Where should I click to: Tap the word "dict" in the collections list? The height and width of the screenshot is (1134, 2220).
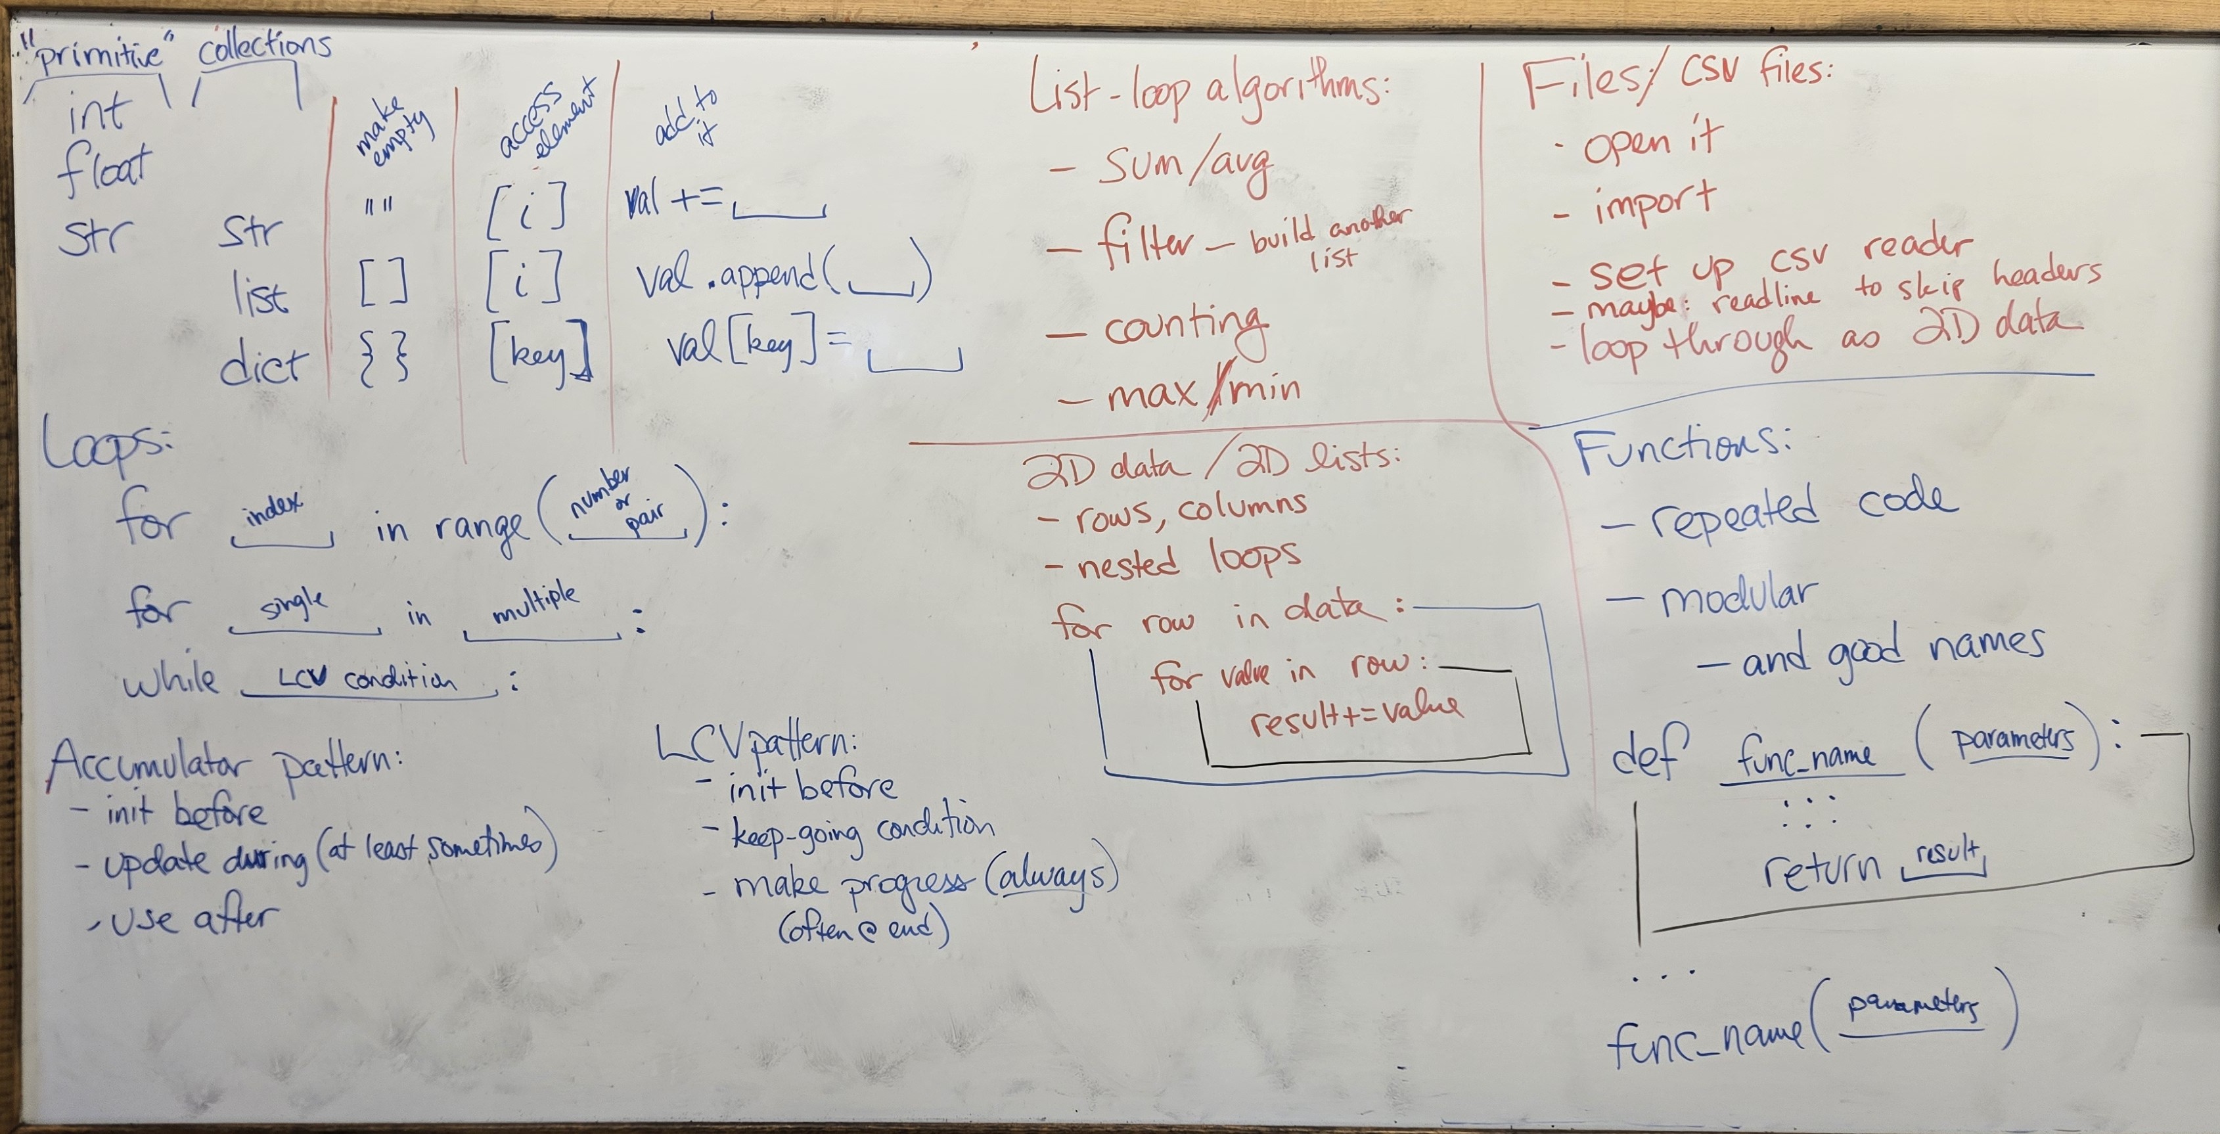point(262,366)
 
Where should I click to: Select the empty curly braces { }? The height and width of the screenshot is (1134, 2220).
point(384,360)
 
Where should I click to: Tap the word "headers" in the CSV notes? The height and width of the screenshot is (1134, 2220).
point(2046,273)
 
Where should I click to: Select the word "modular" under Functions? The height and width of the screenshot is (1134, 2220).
point(1737,599)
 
